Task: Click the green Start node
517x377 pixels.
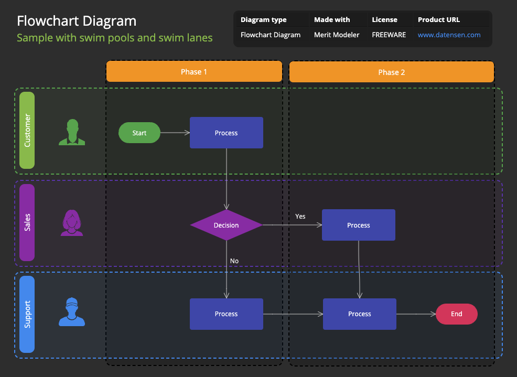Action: (x=139, y=133)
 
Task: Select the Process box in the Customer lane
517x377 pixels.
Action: (x=226, y=133)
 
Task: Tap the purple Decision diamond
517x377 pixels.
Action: (x=226, y=225)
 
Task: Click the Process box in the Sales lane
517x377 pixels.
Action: (x=358, y=225)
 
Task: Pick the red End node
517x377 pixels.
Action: (x=456, y=314)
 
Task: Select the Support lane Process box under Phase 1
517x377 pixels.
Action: (x=226, y=314)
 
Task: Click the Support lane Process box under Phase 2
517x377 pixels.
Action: (x=359, y=314)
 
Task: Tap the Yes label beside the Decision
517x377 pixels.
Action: (x=300, y=216)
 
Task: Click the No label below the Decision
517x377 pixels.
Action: (x=234, y=261)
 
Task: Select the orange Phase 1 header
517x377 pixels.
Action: (x=194, y=72)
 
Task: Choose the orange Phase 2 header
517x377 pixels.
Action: (x=391, y=72)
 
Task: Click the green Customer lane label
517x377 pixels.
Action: (x=27, y=130)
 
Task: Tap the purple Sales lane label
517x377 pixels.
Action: (x=27, y=222)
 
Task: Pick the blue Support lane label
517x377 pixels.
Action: (x=27, y=314)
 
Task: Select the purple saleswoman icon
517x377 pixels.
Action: (x=72, y=223)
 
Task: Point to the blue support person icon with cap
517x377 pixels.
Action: (x=72, y=312)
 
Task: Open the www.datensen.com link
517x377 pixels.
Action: (x=449, y=35)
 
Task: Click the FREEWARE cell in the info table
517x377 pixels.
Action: (x=389, y=35)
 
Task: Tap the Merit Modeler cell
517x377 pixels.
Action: (x=337, y=35)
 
